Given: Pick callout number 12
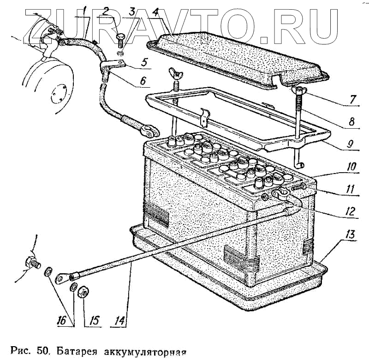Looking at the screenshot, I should click(351, 212).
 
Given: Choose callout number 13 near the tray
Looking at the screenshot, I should click(351, 235).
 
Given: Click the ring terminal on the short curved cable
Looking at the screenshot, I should click(148, 132).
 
